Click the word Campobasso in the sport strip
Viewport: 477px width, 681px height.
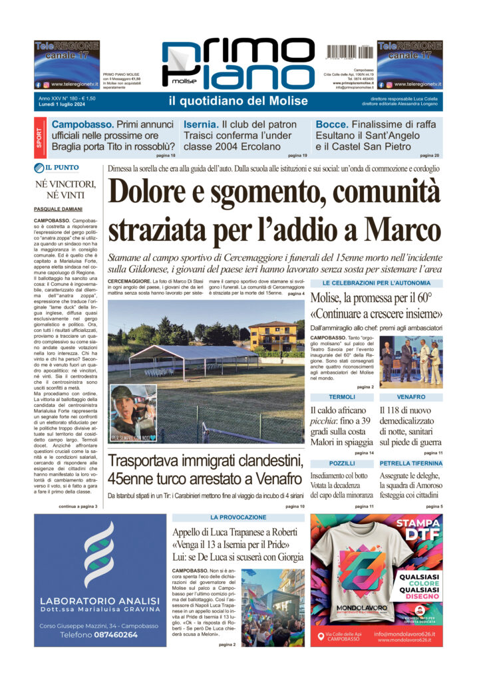pyautogui.click(x=82, y=124)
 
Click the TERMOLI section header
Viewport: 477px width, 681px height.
pyautogui.click(x=342, y=397)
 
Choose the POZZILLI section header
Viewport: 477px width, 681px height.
pyautogui.click(x=342, y=463)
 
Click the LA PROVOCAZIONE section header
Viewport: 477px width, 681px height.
pyautogui.click(x=238, y=517)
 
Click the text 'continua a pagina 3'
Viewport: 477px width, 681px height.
pyautogui.click(x=78, y=507)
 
